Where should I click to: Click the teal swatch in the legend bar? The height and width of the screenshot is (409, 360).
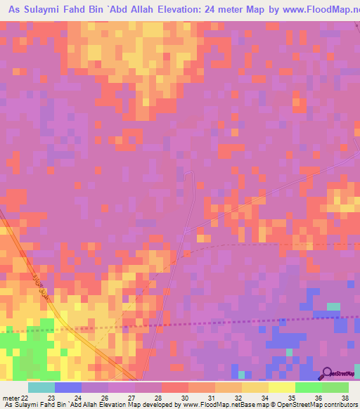click(41, 387)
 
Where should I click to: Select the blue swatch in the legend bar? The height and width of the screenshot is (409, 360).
click(68, 387)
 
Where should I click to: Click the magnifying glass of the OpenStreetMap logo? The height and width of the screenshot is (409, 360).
click(327, 373)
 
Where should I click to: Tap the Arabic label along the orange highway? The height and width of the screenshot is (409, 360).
click(36, 285)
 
